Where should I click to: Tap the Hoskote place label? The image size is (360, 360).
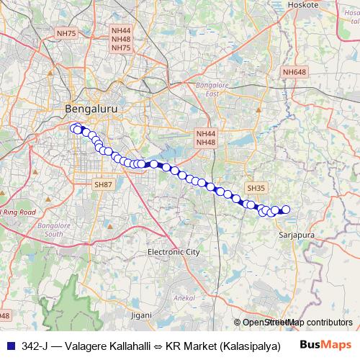click(302, 4)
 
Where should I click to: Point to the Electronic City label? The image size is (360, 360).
click(173, 253)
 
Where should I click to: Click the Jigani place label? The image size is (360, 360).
click(142, 315)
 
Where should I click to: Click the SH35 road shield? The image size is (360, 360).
click(256, 188)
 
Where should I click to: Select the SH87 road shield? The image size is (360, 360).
click(103, 185)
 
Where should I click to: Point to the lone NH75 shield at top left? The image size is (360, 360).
click(66, 33)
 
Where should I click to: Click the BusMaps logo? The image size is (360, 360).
click(326, 345)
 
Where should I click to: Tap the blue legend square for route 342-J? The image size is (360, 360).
click(9, 346)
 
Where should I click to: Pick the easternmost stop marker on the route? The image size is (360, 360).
click(285, 210)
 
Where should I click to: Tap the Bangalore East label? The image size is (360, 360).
click(212, 89)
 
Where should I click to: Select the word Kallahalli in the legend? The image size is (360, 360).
click(130, 346)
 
